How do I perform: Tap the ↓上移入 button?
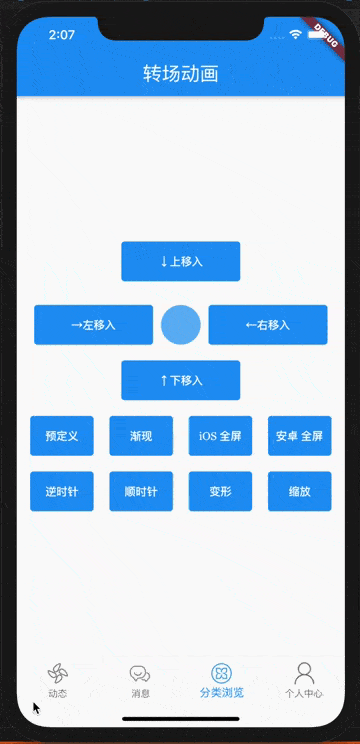[180, 261]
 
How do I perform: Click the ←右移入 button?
[268, 325]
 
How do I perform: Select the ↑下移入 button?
[180, 380]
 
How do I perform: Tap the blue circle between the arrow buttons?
[181, 325]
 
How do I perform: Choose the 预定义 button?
[62, 436]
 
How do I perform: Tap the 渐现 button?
[141, 436]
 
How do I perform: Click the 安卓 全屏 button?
[300, 436]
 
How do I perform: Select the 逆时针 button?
[62, 491]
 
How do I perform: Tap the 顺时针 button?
[141, 491]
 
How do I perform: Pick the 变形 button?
[220, 491]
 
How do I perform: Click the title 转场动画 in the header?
[180, 74]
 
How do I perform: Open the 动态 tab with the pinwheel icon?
[57, 679]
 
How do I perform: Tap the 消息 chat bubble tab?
[140, 679]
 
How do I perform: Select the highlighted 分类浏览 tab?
[222, 679]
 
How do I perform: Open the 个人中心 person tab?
[304, 679]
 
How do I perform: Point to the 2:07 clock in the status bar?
[62, 34]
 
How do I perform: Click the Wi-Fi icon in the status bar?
[296, 34]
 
